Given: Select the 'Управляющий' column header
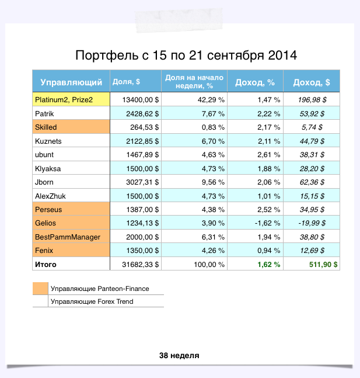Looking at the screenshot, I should pyautogui.click(x=71, y=82).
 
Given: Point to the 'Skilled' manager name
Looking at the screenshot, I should pyautogui.click(x=47, y=127).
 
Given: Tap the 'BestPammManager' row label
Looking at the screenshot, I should pyautogui.click(x=68, y=237).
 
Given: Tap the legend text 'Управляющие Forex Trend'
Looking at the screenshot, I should pyautogui.click(x=92, y=301).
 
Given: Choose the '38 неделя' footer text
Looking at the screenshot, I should pyautogui.click(x=179, y=355).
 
